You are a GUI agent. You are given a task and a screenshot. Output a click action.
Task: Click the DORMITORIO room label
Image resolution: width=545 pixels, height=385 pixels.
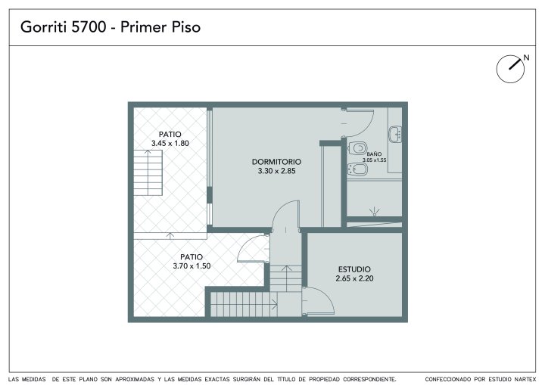point(276,162)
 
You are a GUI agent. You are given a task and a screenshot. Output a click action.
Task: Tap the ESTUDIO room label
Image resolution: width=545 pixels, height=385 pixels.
point(354,269)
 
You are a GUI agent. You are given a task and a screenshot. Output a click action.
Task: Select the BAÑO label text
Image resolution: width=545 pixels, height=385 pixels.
point(374,154)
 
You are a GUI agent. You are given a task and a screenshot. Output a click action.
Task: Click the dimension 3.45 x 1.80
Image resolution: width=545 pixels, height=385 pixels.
point(170,143)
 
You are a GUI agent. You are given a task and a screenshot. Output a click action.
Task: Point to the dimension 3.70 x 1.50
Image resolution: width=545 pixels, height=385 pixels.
point(192,265)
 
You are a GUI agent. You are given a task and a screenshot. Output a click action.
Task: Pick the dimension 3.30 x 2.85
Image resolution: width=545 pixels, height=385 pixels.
point(276,171)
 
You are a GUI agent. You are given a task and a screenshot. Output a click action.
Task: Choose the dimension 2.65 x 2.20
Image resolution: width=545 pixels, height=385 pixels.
point(354,278)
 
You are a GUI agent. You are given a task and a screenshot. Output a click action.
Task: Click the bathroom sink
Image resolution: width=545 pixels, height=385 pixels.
point(395,134)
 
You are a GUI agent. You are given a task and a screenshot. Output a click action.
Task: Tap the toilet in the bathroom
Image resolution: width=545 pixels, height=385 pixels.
point(357,148)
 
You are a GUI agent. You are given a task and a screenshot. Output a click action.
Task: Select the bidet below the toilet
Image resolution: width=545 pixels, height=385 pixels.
point(357,169)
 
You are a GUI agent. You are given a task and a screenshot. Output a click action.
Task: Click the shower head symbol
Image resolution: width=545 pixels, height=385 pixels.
point(375,211)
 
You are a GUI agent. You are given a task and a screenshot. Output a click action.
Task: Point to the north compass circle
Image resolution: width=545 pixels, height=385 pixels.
point(510,69)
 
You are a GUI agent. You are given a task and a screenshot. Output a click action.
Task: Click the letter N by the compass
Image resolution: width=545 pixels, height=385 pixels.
point(526,57)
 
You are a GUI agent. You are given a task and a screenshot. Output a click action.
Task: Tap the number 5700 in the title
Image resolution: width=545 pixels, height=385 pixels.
point(89,27)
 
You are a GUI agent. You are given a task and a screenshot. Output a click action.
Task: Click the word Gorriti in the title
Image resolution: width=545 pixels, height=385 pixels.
point(44,27)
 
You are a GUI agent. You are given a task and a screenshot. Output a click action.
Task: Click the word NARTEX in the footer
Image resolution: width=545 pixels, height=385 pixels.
point(525,379)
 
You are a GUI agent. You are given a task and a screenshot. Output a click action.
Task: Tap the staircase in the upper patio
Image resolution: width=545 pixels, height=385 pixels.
point(148,172)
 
